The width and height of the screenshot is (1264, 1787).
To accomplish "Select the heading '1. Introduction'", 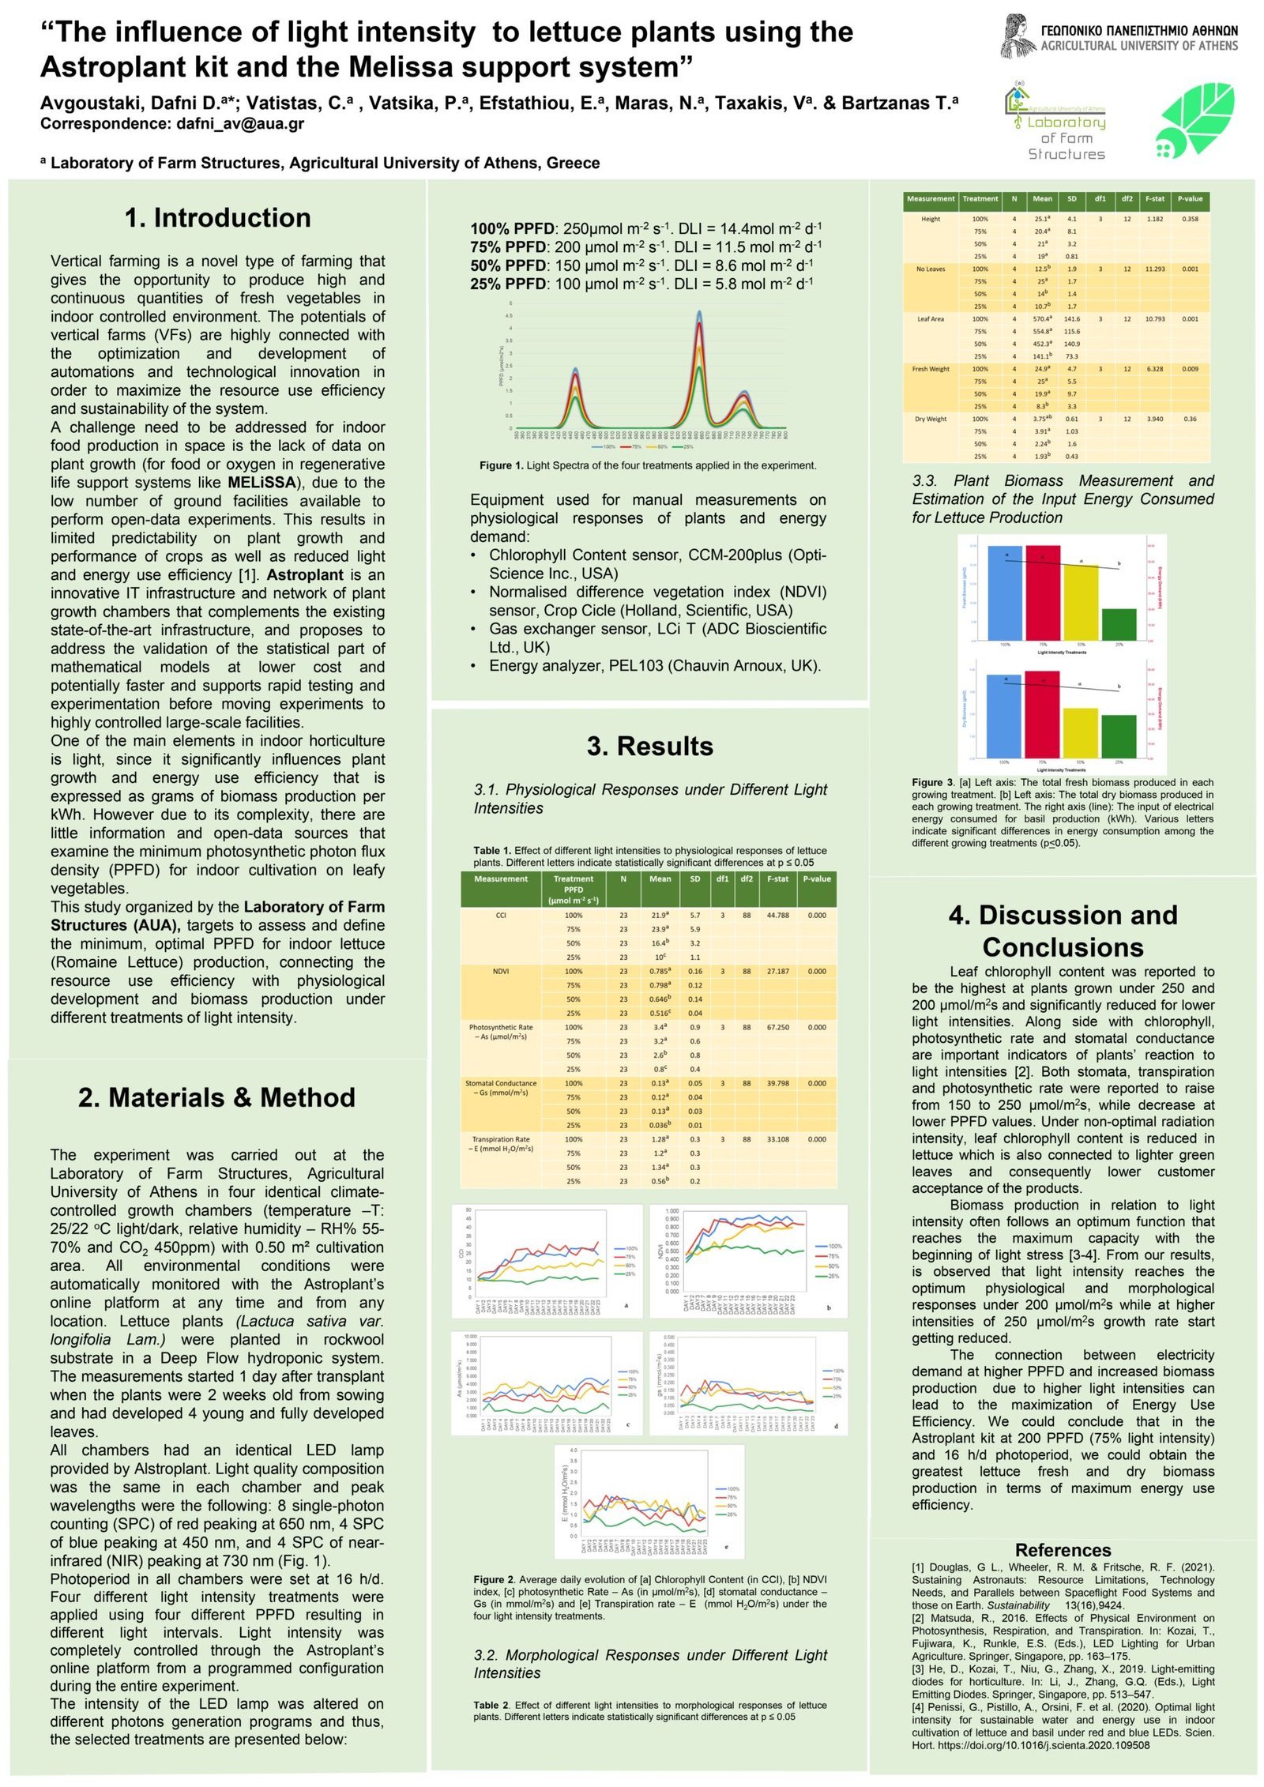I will [217, 217].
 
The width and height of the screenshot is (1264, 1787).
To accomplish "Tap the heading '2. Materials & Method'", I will [216, 1097].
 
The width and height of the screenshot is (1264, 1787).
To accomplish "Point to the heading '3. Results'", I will [649, 746].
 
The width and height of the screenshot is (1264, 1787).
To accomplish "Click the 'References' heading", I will [1063, 1550].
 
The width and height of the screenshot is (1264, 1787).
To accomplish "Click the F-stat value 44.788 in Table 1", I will [777, 915].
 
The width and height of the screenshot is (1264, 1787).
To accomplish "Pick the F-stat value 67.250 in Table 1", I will [777, 1027].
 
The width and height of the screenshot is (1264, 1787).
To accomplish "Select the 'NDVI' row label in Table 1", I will [500, 971].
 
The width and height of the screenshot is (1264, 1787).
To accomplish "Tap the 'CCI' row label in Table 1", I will [500, 915].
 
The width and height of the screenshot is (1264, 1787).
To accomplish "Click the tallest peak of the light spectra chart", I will [699, 313].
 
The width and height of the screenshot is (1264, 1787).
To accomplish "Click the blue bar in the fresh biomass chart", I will [1005, 593].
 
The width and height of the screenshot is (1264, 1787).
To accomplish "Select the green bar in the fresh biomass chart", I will [1119, 624].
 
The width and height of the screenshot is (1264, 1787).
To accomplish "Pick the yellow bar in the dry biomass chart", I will [1080, 733].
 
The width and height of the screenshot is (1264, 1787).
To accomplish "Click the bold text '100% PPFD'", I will [511, 229].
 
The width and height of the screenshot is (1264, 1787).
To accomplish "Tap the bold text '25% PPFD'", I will [507, 284].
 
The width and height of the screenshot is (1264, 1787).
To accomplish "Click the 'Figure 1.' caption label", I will [501, 465].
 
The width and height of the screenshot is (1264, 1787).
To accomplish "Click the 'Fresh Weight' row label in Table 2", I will [931, 369].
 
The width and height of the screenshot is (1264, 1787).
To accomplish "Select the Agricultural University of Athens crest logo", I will [1018, 36].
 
